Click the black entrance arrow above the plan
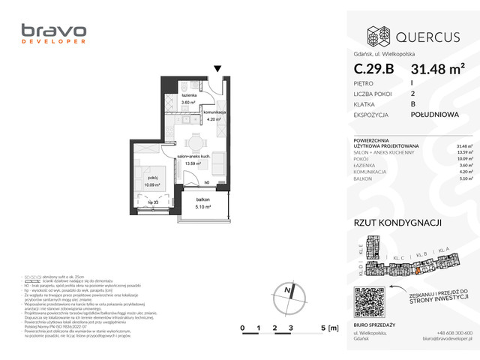click(217, 69)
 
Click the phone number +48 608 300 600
click(453, 332)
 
